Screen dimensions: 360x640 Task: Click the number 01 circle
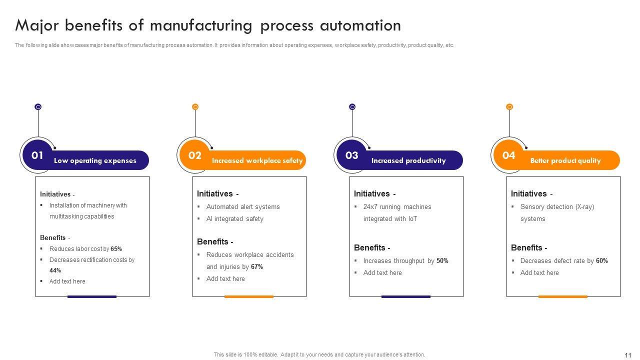pyautogui.click(x=37, y=155)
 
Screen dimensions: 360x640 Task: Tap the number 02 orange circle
pyautogui.click(x=194, y=155)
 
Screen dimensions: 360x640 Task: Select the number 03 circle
pyautogui.click(x=352, y=155)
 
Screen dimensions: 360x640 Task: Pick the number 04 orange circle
pyautogui.click(x=508, y=155)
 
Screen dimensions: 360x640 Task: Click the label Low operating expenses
pyautogui.click(x=95, y=161)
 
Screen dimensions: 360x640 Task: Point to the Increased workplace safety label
pyautogui.click(x=257, y=161)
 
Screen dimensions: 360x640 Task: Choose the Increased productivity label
pyautogui.click(x=408, y=161)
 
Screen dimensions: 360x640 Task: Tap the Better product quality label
pyautogui.click(x=565, y=161)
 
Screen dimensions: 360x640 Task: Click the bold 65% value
pyautogui.click(x=116, y=249)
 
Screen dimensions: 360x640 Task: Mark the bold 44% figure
pyautogui.click(x=55, y=270)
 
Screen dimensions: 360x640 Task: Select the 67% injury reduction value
pyautogui.click(x=257, y=267)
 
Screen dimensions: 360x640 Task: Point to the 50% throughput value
pyautogui.click(x=442, y=261)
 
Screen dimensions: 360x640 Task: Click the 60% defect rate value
pyautogui.click(x=602, y=261)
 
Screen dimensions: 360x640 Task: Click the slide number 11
pyautogui.click(x=628, y=355)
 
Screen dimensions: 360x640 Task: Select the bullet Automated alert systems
pyautogui.click(x=243, y=207)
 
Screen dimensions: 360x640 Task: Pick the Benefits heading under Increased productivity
pyautogui.click(x=372, y=248)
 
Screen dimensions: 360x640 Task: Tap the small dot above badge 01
pyautogui.click(x=38, y=107)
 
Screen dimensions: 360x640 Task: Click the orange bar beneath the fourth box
pyautogui.click(x=562, y=296)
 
